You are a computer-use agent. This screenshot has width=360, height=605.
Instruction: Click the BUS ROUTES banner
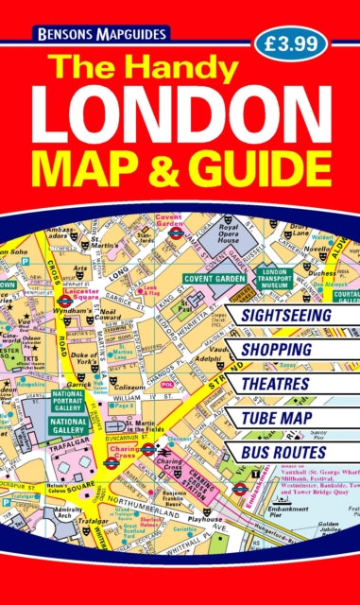pyautogui.click(x=280, y=456)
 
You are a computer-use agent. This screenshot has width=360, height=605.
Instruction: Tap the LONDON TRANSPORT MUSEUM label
pyautogui.click(x=278, y=280)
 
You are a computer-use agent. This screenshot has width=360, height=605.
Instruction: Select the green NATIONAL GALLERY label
pyautogui.click(x=69, y=423)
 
